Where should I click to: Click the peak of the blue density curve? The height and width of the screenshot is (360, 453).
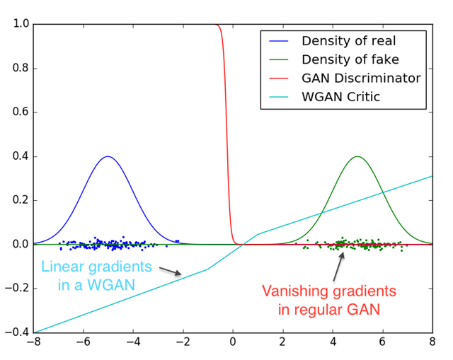point(108,157)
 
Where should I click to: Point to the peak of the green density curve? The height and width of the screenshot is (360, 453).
point(357,157)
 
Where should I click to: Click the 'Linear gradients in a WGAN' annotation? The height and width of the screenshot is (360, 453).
point(96,275)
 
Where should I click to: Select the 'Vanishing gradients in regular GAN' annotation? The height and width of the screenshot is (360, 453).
point(329,299)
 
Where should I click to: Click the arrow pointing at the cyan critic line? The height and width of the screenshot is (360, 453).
point(171,271)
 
